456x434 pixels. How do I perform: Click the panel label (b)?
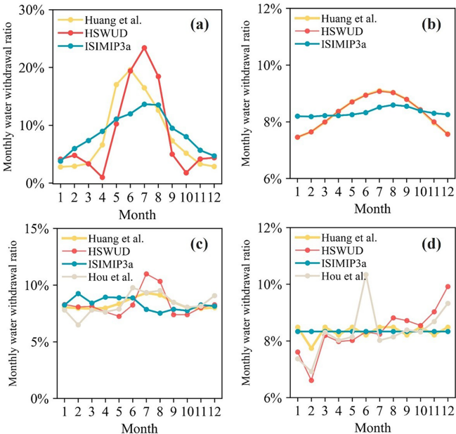point(430,25)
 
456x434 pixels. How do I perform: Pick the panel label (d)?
point(430,244)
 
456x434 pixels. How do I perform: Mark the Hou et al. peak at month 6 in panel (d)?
point(365,275)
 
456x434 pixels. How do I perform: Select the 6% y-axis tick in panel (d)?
point(271,397)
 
